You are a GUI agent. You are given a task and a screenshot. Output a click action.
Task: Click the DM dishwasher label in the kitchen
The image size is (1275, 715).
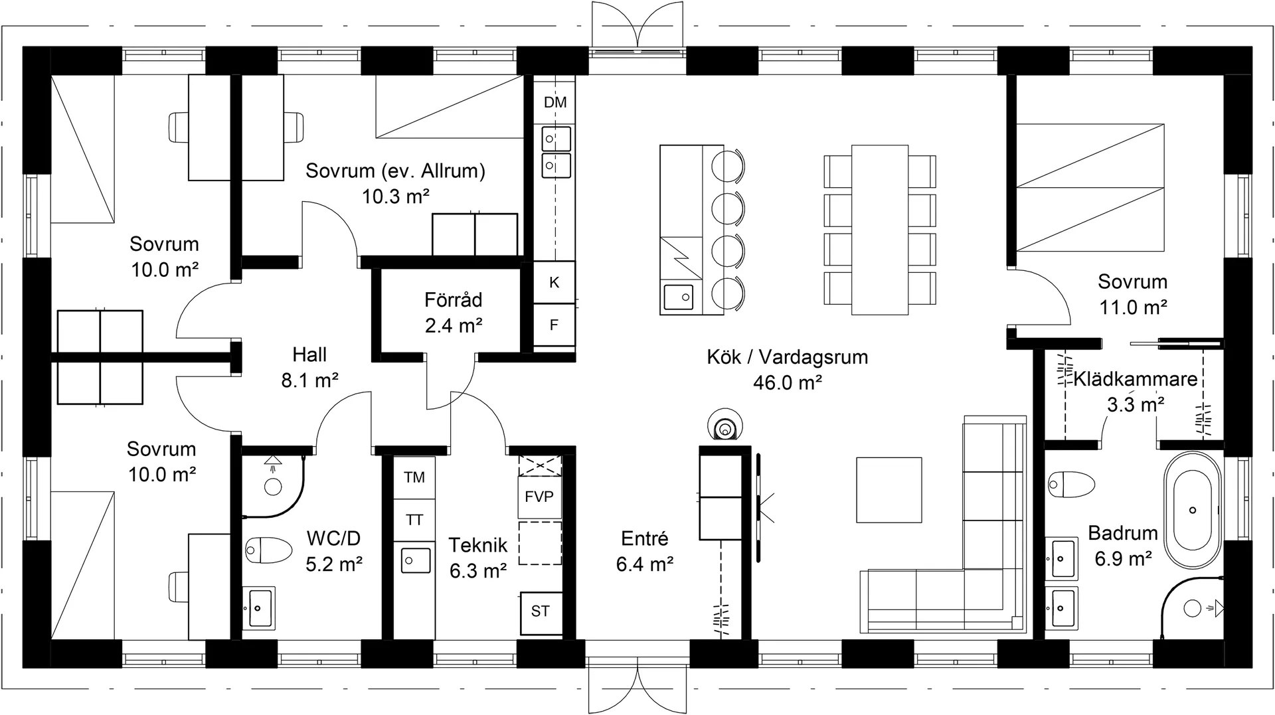555,102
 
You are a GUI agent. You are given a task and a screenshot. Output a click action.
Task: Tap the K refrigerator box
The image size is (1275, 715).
554,282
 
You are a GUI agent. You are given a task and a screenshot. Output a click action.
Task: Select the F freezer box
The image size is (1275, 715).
554,325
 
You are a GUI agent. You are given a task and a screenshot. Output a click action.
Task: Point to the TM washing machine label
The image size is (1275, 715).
414,477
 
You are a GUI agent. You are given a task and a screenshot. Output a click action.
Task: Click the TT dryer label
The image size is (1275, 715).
414,520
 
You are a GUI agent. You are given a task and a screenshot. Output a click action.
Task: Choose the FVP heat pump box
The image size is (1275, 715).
539,497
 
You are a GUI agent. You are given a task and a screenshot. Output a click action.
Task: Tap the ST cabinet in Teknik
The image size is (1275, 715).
541,611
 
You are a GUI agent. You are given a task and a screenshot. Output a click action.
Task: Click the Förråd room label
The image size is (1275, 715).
454,300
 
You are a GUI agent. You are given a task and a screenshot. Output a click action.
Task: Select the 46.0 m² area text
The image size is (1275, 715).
788,383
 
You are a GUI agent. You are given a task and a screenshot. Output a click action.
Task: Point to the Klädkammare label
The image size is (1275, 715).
1136,379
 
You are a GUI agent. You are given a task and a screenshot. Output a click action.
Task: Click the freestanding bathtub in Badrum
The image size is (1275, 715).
1193,510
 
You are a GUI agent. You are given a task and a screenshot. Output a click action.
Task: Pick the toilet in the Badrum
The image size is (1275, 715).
1071,484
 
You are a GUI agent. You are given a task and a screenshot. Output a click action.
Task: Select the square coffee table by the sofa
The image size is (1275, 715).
889,490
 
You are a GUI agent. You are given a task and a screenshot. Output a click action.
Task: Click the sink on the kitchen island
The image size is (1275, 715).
678,297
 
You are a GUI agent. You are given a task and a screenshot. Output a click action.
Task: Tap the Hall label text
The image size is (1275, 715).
309,355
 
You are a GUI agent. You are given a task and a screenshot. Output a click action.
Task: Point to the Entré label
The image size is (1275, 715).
645,538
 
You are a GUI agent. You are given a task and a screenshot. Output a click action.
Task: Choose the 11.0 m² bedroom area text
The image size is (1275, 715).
1133,307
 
